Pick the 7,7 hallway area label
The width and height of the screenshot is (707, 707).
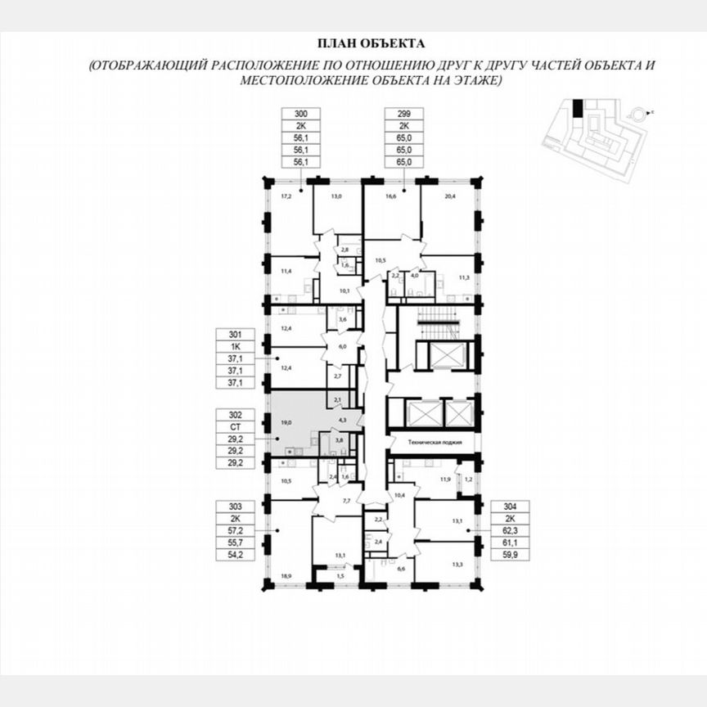click(347, 500)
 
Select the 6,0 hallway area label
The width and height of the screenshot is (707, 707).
click(344, 346)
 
